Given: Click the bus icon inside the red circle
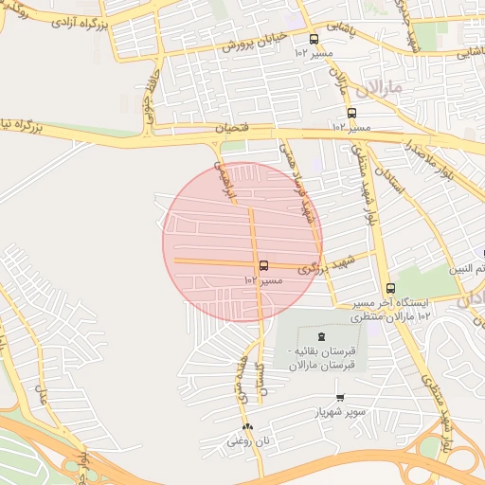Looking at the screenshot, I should pos(263,266).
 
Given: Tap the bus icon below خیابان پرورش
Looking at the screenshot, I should pos(314,39).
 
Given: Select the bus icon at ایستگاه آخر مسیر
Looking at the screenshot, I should pos(390,289).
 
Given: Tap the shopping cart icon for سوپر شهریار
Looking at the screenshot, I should pos(339,398).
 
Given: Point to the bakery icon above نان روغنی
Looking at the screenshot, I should pos(248,426).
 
